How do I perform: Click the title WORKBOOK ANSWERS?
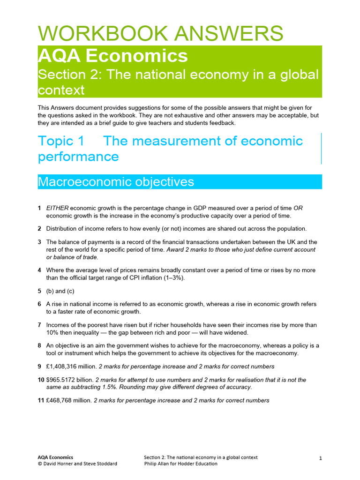click(x=160, y=33)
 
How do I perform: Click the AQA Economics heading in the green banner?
click(x=112, y=56)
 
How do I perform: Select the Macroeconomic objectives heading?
click(x=116, y=182)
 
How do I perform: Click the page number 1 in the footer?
click(x=320, y=459)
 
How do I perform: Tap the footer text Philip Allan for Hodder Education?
click(x=180, y=464)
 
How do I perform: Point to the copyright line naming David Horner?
click(x=77, y=464)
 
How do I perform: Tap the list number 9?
click(x=39, y=367)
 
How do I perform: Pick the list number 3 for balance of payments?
click(x=39, y=242)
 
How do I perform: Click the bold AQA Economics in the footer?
click(x=55, y=457)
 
